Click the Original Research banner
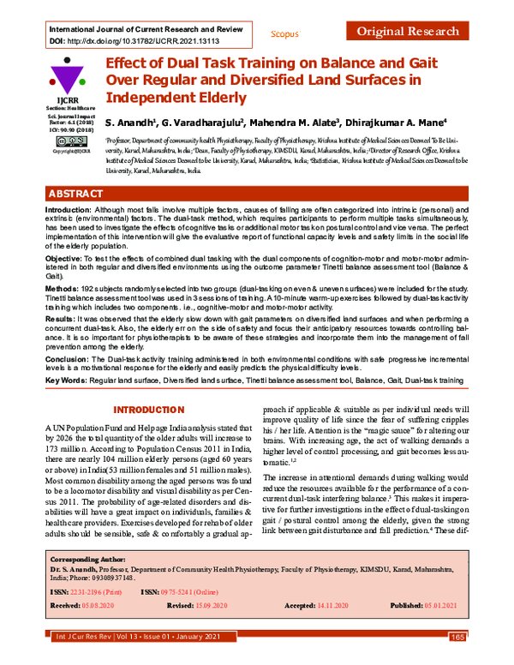[x=409, y=32]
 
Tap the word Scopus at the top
[x=284, y=33]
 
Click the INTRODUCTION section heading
[x=149, y=410]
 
